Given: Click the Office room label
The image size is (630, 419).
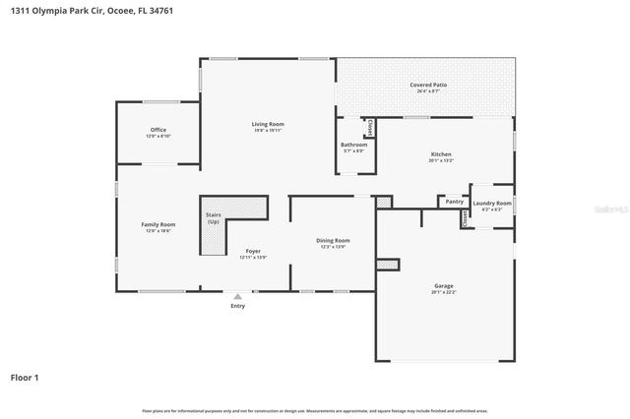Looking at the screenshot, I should tap(158, 130).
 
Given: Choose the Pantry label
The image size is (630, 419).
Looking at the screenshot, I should tap(454, 202).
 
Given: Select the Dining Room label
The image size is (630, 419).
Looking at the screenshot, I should tap(333, 241).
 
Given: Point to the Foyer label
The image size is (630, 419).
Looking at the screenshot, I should tap(253, 253).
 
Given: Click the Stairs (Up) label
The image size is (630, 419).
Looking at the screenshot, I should tap(213, 217).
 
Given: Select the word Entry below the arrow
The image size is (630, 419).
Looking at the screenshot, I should tap(237, 306).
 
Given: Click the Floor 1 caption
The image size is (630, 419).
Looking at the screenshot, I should tap(25, 377).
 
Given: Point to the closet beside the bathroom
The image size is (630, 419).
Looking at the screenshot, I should tap(369, 128).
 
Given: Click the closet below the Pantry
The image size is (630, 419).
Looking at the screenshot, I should tap(464, 219).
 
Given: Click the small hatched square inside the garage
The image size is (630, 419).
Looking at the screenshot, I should tap(389, 264).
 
